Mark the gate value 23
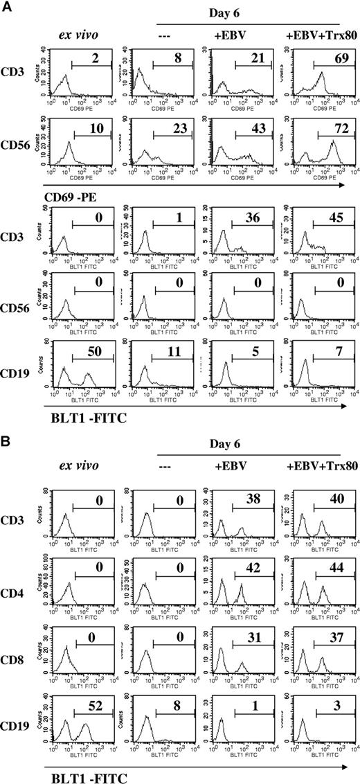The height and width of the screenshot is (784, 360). pos(172,128)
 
